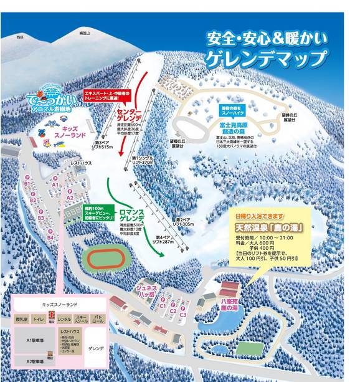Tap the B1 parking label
27,184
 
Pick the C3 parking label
182,315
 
